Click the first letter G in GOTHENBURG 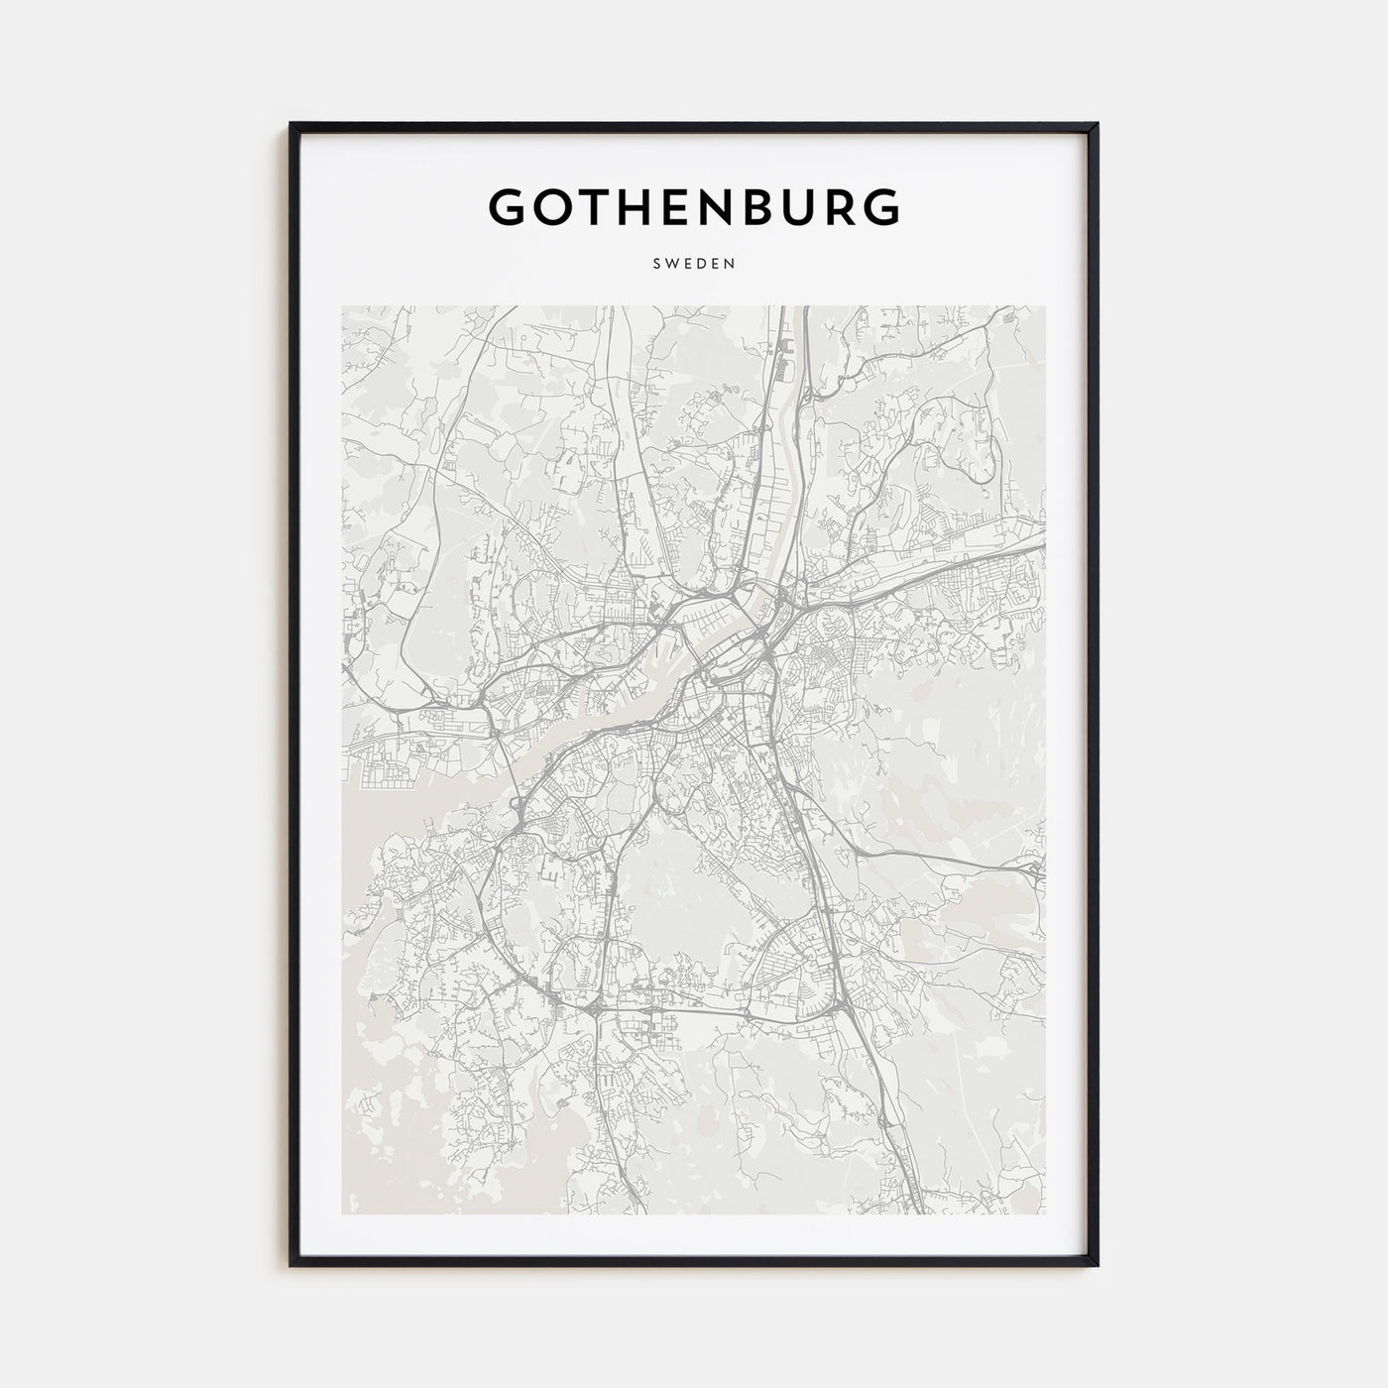coord(510,206)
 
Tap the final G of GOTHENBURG coord(878,206)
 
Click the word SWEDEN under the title coord(694,265)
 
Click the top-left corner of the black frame coord(291,125)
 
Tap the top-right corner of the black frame coord(1097,125)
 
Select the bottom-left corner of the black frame coord(291,1265)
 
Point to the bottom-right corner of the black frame coord(1097,1265)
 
